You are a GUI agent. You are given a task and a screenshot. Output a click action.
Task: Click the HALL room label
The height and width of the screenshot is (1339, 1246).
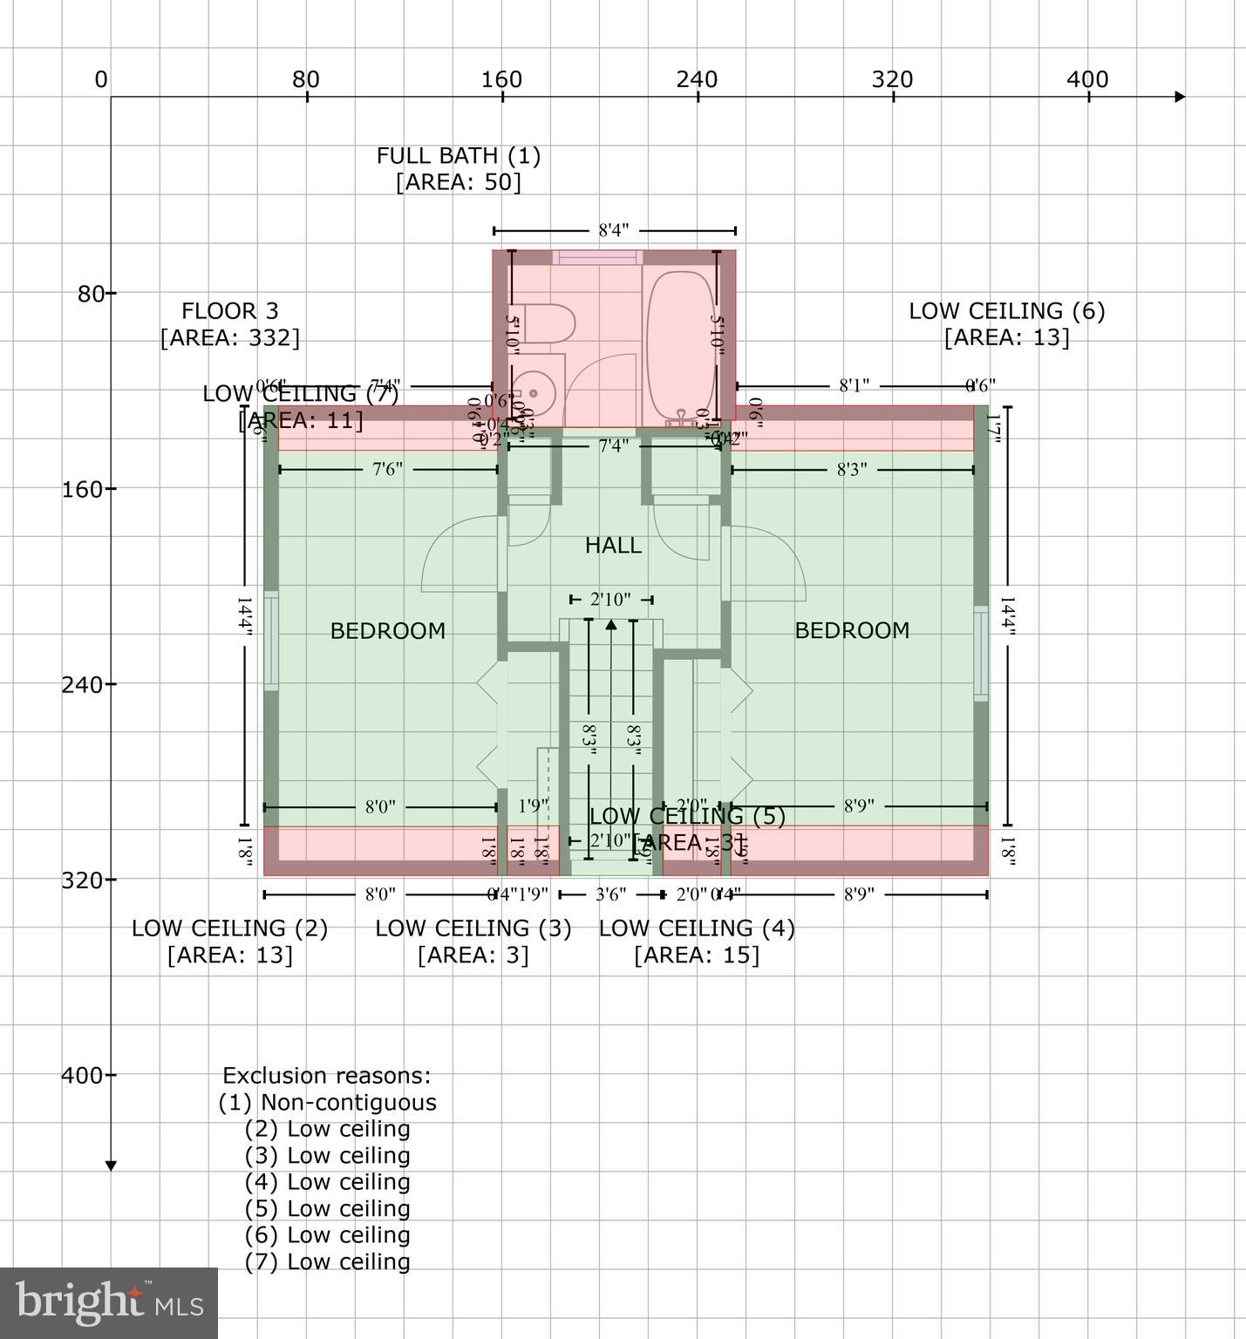[613, 546]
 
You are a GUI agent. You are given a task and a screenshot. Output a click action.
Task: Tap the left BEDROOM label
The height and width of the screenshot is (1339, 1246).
[387, 630]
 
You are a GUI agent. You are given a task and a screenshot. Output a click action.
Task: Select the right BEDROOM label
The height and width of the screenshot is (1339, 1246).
[852, 630]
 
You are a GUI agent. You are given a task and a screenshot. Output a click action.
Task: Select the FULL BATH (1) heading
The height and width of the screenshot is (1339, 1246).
[458, 156]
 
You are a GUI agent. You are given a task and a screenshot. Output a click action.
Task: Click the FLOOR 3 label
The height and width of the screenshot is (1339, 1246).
[230, 311]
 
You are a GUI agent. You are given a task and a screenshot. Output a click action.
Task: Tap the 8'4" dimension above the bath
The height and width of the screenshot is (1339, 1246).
[613, 231]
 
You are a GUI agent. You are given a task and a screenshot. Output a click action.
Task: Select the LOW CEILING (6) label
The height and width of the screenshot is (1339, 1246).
[1006, 311]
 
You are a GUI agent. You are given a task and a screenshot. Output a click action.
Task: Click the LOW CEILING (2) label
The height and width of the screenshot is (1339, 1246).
[229, 928]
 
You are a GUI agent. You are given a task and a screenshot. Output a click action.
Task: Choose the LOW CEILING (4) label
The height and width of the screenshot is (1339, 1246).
[696, 928]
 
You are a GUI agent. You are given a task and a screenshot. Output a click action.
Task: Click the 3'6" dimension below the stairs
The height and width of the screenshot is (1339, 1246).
[610, 894]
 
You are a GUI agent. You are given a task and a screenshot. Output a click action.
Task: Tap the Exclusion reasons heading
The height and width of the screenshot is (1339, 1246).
[326, 1076]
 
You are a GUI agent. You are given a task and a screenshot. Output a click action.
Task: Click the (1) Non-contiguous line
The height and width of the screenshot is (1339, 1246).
[327, 1103]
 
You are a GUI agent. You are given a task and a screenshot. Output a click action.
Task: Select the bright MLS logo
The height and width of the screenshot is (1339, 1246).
[108, 1302]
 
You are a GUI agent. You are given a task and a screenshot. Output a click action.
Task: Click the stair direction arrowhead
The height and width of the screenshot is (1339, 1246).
[610, 624]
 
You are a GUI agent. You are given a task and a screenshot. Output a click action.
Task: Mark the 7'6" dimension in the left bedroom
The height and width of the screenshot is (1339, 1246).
[387, 470]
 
